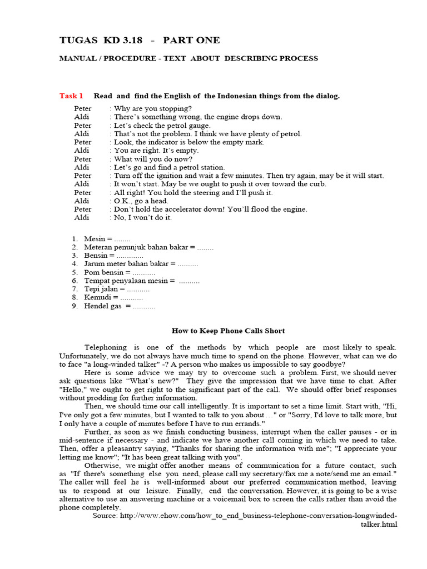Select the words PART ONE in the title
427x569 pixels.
[x=191, y=40]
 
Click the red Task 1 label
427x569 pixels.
[x=71, y=96]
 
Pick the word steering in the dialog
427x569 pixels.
[x=205, y=192]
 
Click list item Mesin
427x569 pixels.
[x=95, y=239]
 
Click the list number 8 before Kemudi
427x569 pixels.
[x=75, y=298]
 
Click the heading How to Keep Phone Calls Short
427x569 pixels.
[x=228, y=331]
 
